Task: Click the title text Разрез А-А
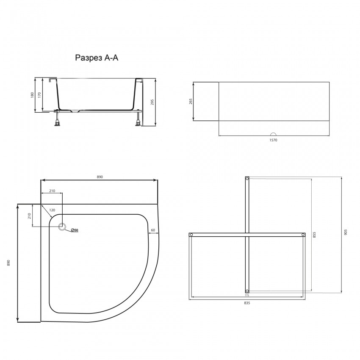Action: tap(97, 58)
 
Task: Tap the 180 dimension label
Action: tap(32, 95)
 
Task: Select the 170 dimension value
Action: tap(39, 95)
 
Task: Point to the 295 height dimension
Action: tap(152, 102)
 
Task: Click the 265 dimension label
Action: tap(191, 102)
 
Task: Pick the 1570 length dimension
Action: tap(273, 140)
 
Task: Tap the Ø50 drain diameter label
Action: tap(75, 230)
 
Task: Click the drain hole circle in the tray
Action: tap(63, 227)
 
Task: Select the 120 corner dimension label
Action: tap(52, 210)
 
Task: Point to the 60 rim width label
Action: tap(152, 230)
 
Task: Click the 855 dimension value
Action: tap(314, 235)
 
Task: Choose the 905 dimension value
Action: tap(345, 232)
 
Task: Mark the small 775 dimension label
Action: tap(247, 295)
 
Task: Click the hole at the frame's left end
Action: tap(191, 235)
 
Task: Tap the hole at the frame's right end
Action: tap(303, 235)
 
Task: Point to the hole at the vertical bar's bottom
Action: tap(247, 291)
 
